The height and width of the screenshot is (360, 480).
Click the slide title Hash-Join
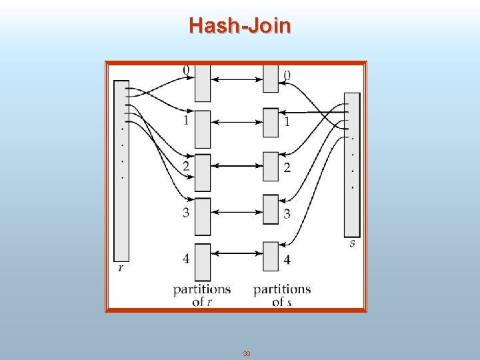click(x=240, y=25)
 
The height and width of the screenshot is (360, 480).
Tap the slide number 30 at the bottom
click(x=246, y=353)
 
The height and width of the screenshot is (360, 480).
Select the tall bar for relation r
click(x=121, y=170)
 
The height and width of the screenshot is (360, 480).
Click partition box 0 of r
click(x=202, y=83)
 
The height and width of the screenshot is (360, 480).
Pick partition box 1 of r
click(x=202, y=129)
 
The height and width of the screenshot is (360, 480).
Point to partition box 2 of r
click(x=202, y=173)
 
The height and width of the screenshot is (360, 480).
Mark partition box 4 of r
click(x=202, y=261)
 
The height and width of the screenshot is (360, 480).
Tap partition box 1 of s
click(x=270, y=123)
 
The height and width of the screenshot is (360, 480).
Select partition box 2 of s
click(x=270, y=167)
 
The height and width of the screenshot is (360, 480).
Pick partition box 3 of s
click(x=270, y=209)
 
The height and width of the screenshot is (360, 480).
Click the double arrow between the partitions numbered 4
click(x=236, y=253)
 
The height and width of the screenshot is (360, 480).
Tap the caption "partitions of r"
click(x=202, y=295)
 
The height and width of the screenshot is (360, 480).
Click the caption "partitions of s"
click(x=282, y=295)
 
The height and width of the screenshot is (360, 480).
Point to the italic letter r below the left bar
click(x=121, y=268)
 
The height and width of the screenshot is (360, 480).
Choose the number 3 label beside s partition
click(x=287, y=214)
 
